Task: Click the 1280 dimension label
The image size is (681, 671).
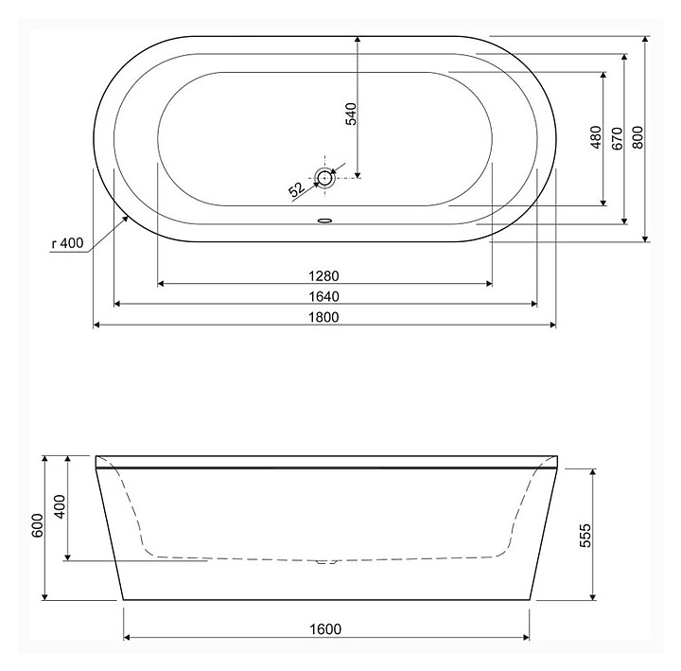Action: click(323, 276)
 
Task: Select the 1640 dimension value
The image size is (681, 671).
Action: click(323, 296)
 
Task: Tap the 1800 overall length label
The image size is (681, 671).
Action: click(323, 317)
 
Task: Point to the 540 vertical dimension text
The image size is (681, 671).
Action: click(351, 114)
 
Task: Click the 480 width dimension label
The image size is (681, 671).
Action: click(596, 137)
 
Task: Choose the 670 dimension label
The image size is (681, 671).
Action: click(617, 138)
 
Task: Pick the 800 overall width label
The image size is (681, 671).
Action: click(637, 137)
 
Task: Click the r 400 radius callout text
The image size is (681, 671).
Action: click(67, 243)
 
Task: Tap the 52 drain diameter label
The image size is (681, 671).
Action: click(297, 189)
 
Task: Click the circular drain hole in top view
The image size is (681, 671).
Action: click(324, 178)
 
